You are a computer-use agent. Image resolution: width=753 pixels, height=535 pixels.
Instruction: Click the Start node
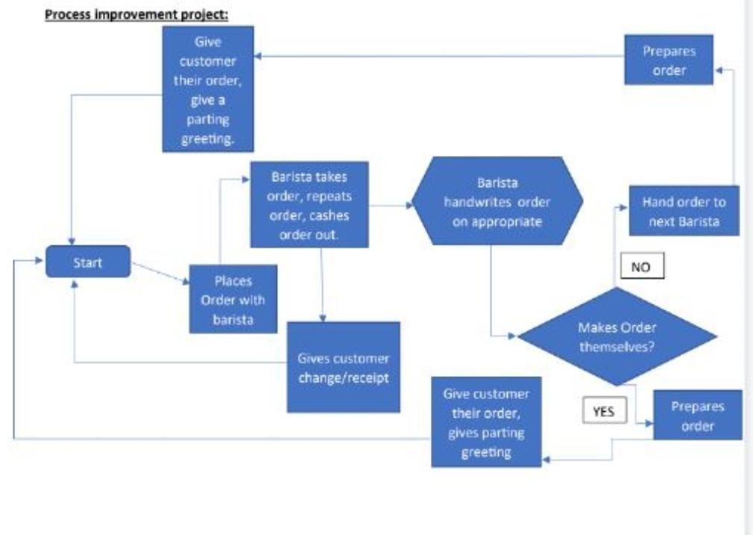pos(88,262)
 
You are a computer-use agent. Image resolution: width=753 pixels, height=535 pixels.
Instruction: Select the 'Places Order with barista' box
pos(234,299)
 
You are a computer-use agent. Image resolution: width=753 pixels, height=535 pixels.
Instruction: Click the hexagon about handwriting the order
pos(498,201)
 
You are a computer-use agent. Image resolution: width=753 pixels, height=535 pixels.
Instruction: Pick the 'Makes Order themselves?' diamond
pos(617,337)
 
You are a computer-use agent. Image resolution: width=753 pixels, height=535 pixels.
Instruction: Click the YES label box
pos(604,410)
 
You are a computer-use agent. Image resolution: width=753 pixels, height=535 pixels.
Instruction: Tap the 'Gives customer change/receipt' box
pos(343,367)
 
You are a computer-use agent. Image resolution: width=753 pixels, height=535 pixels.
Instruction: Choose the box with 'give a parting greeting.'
pos(208,89)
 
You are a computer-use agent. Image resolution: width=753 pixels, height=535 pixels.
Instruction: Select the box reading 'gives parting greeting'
pos(486,422)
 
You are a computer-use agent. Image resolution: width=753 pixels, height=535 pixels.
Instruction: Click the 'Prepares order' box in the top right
pos(669,61)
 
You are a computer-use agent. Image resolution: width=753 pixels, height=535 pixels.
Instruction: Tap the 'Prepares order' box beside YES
pos(698,415)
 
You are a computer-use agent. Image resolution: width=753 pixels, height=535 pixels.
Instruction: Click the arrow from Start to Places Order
pos(159,272)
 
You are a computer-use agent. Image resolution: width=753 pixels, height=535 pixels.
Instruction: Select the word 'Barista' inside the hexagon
pos(498,183)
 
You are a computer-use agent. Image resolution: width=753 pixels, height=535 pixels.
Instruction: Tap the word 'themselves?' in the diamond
pos(617,345)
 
